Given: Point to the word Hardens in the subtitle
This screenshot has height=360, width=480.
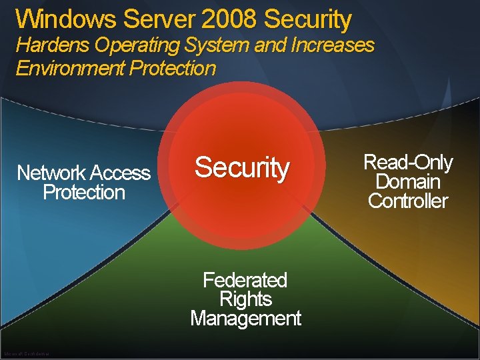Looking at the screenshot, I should click(x=53, y=46).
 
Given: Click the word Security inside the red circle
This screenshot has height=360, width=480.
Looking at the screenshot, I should click(x=242, y=168).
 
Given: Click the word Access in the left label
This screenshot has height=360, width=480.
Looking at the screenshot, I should click(x=120, y=173).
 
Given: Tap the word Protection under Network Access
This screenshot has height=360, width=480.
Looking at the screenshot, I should click(x=84, y=193).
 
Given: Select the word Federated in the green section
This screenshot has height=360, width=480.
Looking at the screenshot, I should click(x=245, y=280).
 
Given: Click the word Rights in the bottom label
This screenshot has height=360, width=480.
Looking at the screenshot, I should click(x=245, y=299).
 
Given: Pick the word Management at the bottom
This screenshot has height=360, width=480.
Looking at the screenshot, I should click(x=245, y=319).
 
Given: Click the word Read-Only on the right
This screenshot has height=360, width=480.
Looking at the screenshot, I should click(x=408, y=163).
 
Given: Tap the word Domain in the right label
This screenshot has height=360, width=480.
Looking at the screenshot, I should click(x=408, y=181).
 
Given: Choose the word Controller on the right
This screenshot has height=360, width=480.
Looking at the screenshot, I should click(x=408, y=201).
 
